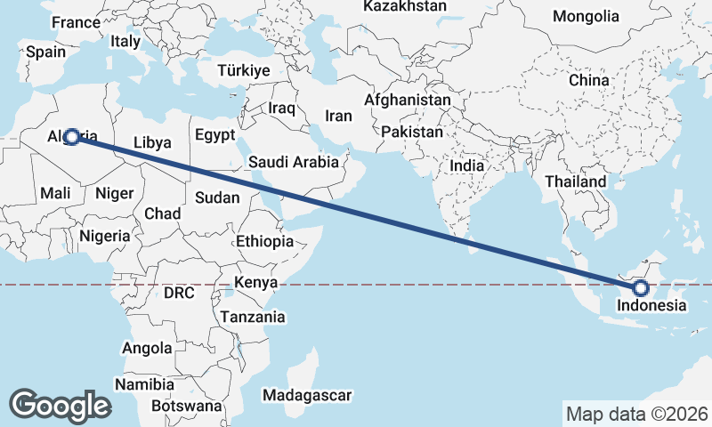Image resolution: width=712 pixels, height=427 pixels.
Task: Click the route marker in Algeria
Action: [71, 136]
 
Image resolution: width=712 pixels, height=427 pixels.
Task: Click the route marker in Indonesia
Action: [641, 288]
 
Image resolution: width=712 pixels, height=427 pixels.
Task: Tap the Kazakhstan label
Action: [405, 6]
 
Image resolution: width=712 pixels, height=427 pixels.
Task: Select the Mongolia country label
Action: [585, 16]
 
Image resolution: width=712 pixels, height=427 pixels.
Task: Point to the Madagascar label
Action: [308, 395]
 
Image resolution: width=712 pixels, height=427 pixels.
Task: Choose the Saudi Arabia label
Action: [294, 162]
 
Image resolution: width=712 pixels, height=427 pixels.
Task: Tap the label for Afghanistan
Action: [408, 101]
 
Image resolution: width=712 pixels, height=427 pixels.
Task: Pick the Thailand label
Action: [576, 181]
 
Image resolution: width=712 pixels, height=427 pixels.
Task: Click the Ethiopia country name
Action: [264, 241]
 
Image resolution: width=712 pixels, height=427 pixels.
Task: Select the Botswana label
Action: [186, 406]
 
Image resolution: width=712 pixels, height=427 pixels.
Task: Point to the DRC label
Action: [179, 293]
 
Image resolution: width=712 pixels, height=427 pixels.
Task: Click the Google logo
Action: [60, 405]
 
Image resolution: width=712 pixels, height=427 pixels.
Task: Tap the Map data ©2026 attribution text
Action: [636, 414]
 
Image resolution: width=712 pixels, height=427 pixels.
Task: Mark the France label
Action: [77, 22]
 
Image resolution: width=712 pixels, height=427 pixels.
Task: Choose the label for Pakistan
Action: [411, 132]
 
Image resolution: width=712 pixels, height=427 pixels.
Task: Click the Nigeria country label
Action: [105, 236]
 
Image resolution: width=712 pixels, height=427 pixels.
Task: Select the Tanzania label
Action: [253, 317]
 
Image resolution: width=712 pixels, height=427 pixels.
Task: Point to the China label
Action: [588, 80]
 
